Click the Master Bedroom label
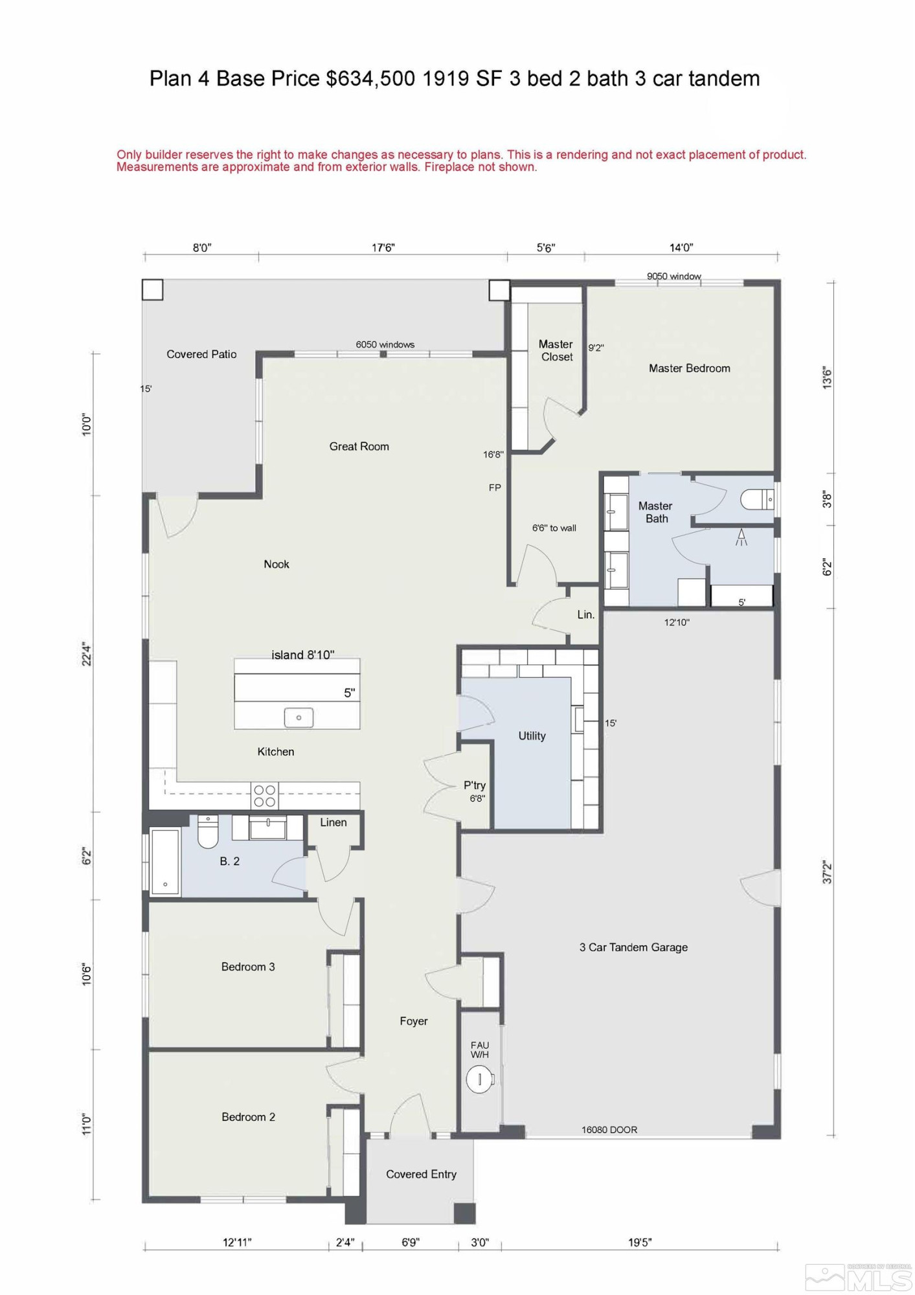point(689,368)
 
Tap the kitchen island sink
point(299,717)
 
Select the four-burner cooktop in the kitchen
point(264,796)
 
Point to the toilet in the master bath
point(757,500)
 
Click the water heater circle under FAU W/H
point(479,1079)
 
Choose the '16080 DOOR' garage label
point(609,1130)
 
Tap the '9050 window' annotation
point(673,276)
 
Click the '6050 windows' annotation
point(385,344)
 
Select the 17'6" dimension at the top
point(383,248)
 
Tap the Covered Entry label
point(421,1175)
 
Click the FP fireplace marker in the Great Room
point(495,488)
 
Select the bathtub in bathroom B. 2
point(165,861)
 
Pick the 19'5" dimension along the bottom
point(639,1243)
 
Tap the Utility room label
point(532,736)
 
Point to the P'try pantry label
point(475,785)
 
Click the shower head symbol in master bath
point(741,537)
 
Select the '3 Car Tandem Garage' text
point(633,947)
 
